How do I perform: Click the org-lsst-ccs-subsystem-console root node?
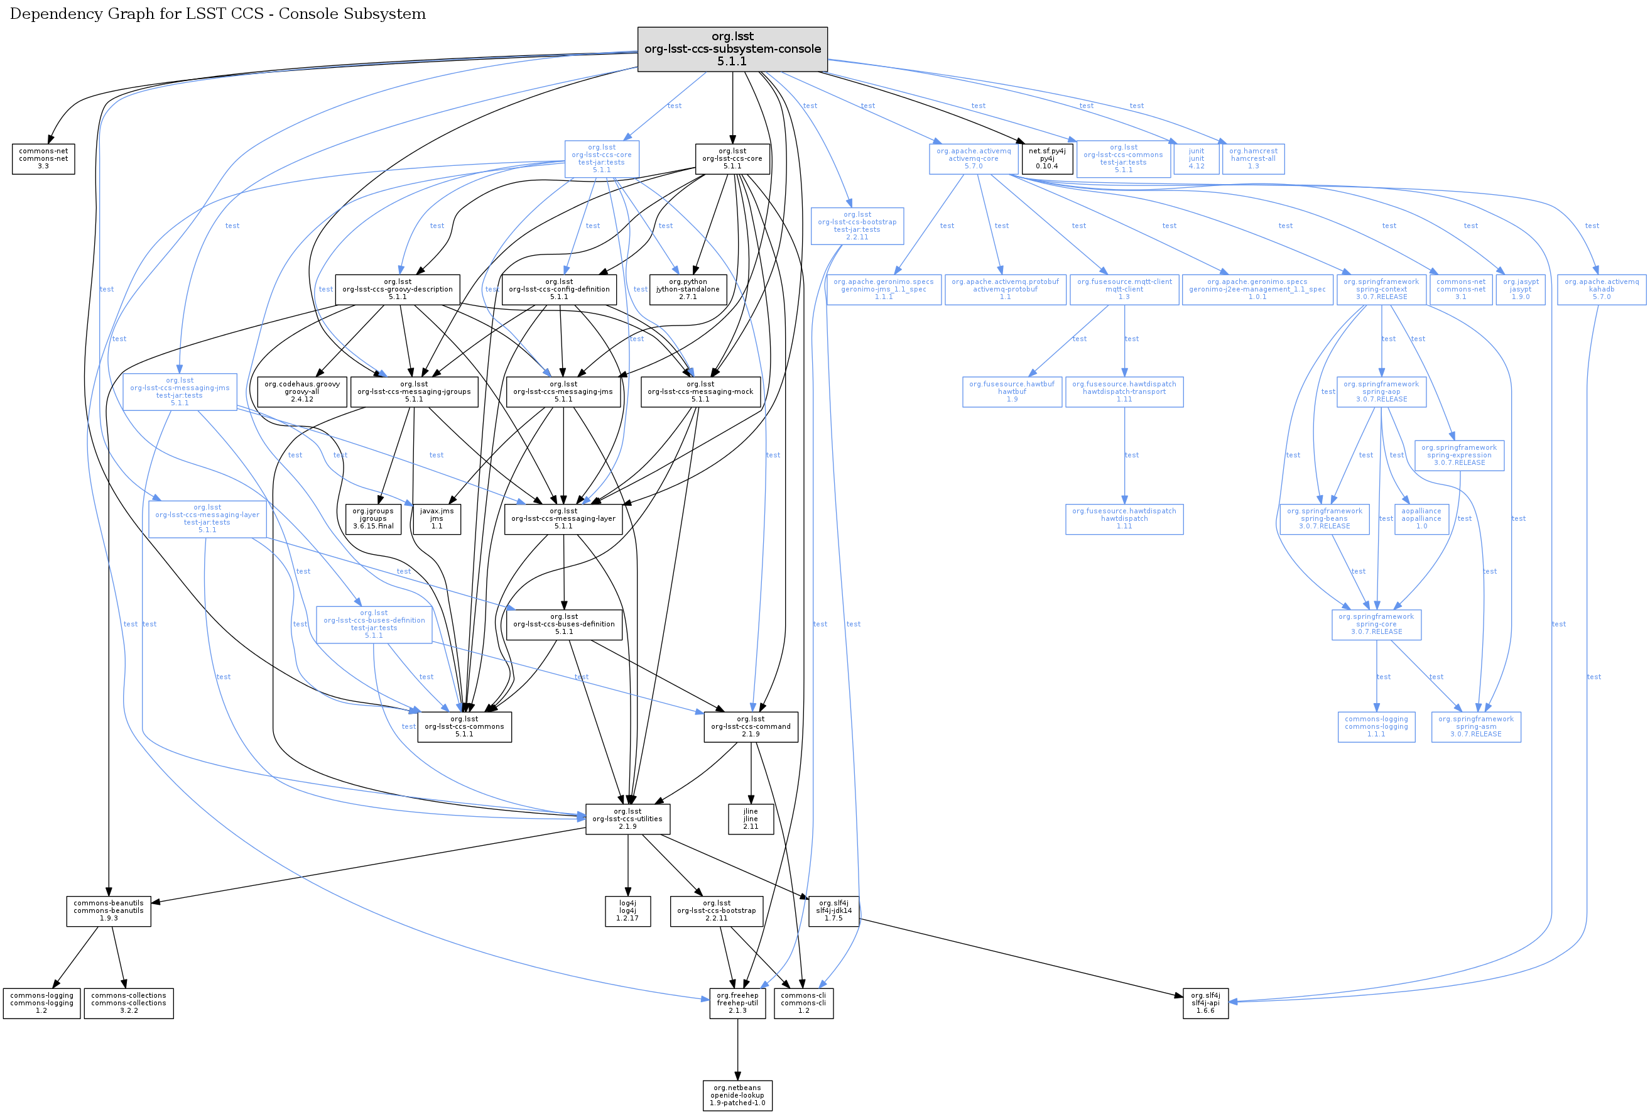pyautogui.click(x=732, y=49)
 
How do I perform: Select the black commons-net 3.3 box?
pyautogui.click(x=43, y=158)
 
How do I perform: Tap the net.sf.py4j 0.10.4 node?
pyautogui.click(x=1046, y=158)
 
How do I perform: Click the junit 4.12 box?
pyautogui.click(x=1197, y=158)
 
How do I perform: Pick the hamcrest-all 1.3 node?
pyautogui.click(x=1253, y=158)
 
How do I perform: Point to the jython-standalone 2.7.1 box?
pyautogui.click(x=687, y=289)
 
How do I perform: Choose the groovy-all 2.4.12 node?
pyautogui.click(x=301, y=391)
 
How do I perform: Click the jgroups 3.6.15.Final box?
pyautogui.click(x=372, y=518)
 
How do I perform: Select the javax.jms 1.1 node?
pyautogui.click(x=436, y=518)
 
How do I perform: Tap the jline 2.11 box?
pyautogui.click(x=751, y=819)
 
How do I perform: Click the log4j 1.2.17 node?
pyautogui.click(x=627, y=910)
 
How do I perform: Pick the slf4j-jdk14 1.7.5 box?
pyautogui.click(x=833, y=910)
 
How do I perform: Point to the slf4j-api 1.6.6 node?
pyautogui.click(x=1205, y=1003)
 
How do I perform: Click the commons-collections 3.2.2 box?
pyautogui.click(x=129, y=1003)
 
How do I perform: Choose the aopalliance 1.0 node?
pyautogui.click(x=1421, y=518)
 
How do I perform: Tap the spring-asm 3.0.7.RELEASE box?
pyautogui.click(x=1476, y=726)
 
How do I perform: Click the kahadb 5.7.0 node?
pyautogui.click(x=1602, y=289)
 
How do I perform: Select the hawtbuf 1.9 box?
pyautogui.click(x=1012, y=391)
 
